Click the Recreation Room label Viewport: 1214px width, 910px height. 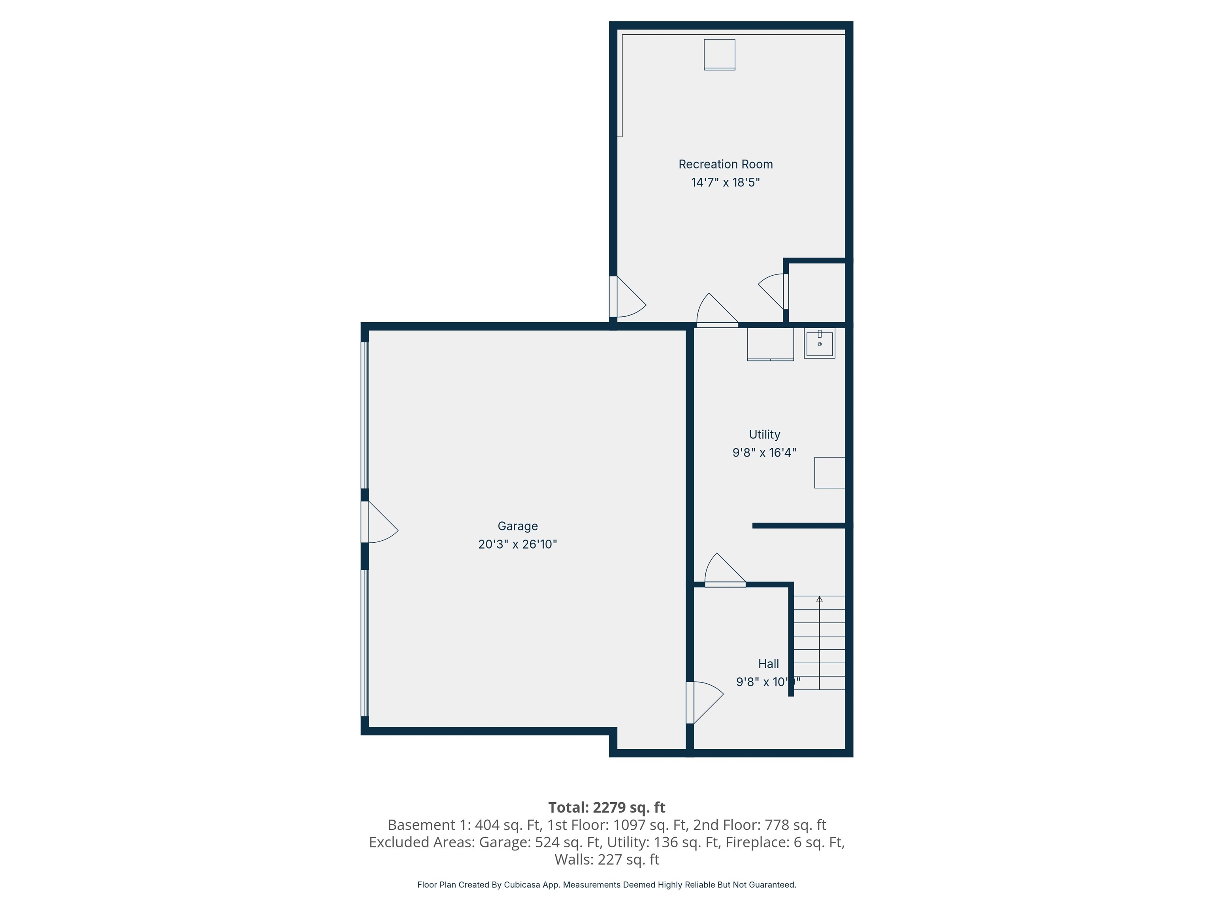pyautogui.click(x=725, y=164)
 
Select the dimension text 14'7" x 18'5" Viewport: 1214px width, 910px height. pyautogui.click(x=725, y=182)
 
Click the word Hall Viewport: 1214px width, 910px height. pyautogui.click(x=768, y=663)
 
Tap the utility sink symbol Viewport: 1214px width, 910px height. pyautogui.click(x=819, y=343)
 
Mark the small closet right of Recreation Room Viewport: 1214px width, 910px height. pyautogui.click(x=817, y=292)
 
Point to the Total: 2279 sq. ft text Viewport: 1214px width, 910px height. pyautogui.click(x=607, y=807)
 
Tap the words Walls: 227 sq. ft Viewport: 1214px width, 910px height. pyautogui.click(x=607, y=859)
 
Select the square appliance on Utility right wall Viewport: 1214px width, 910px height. pyautogui.click(x=829, y=472)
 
